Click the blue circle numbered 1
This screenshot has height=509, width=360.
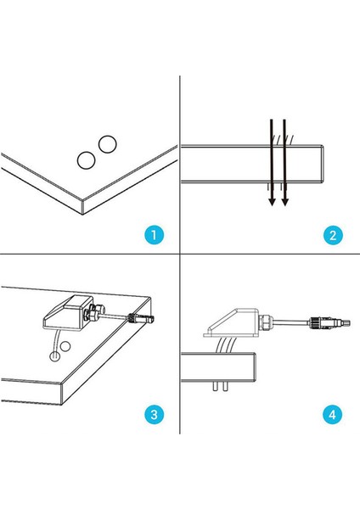(x=155, y=235)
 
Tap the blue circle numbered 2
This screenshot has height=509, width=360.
(x=333, y=235)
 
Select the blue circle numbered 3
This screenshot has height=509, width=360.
(x=155, y=414)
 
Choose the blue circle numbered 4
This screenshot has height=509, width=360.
(x=332, y=414)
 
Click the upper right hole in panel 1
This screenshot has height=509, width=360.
(x=108, y=144)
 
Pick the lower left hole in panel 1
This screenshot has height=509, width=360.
(x=86, y=160)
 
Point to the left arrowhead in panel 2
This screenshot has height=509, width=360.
(x=272, y=202)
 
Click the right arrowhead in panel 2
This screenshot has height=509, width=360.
(x=285, y=202)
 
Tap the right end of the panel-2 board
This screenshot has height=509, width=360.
(x=323, y=165)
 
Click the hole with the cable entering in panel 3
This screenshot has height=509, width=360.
(x=54, y=356)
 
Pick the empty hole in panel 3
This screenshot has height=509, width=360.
(x=65, y=347)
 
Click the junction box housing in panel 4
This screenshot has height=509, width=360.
(x=231, y=323)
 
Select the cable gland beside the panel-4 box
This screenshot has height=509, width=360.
(x=266, y=322)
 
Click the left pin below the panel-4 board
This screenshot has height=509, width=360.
(x=215, y=386)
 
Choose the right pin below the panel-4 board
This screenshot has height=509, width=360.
(x=225, y=386)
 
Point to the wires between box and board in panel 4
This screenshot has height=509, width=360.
(x=225, y=345)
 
